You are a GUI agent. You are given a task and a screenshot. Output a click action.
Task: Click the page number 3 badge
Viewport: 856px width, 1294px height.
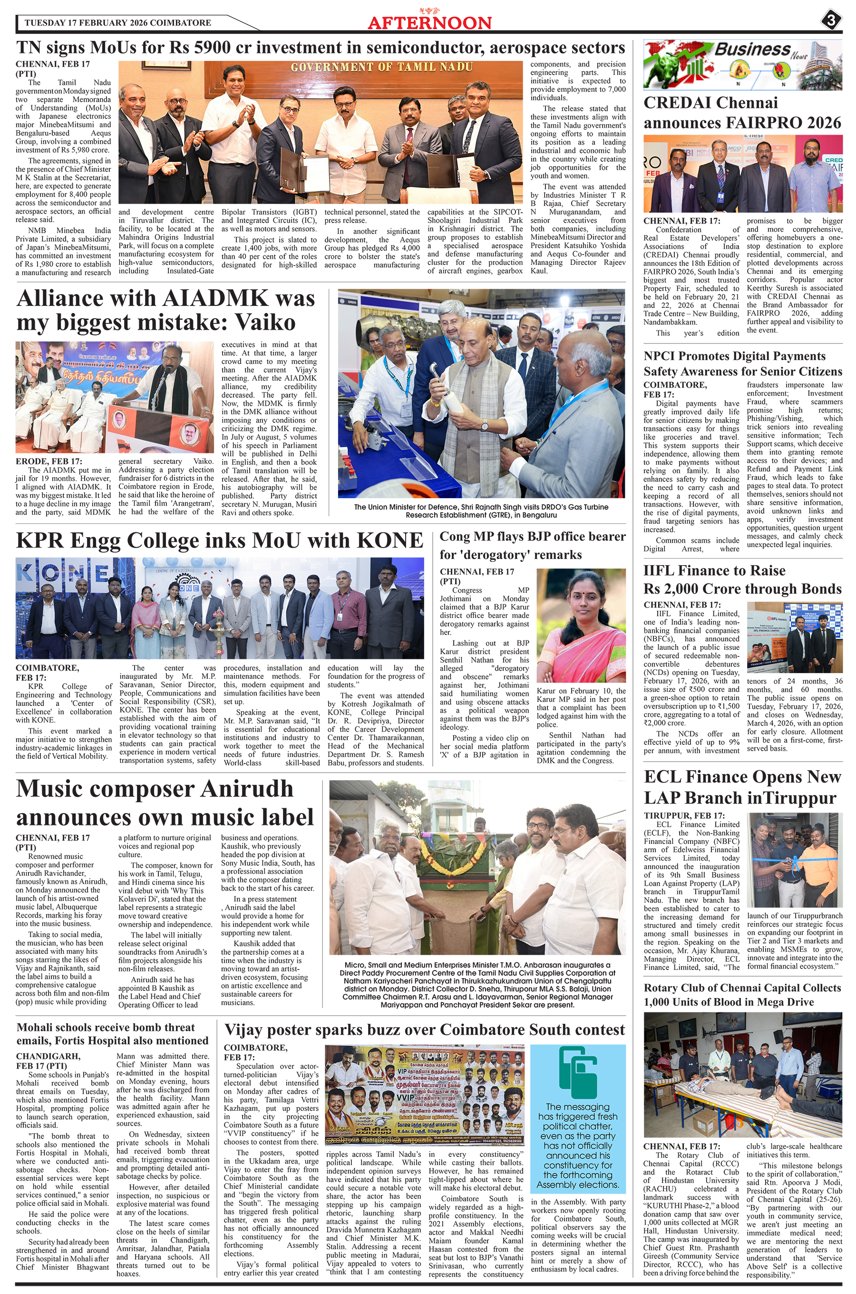coord(830,21)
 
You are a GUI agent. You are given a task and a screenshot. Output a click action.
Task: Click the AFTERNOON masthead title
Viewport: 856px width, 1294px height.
coord(429,22)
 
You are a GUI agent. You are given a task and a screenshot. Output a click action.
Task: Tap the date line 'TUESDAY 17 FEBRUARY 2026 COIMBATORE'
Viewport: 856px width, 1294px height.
coord(118,23)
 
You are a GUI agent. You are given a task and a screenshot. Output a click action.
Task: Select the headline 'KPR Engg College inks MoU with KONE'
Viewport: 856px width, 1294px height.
coord(219,540)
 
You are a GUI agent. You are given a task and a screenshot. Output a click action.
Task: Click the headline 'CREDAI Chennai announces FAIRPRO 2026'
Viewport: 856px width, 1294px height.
coord(742,112)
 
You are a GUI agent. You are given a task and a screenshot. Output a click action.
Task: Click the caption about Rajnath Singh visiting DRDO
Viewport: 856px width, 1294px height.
coord(481,510)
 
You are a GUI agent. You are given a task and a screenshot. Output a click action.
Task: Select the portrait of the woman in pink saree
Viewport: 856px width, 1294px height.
coord(581,625)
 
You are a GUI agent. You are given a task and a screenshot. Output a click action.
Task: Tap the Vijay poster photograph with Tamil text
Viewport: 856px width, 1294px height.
coord(424,1097)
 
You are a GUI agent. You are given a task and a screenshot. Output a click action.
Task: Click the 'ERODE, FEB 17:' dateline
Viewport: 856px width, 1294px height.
coord(49,461)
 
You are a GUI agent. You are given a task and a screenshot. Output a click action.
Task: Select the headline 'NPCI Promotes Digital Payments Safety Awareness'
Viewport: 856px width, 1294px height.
coord(742,363)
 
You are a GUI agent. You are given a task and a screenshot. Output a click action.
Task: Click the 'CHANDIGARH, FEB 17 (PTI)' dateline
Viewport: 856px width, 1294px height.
coord(49,1061)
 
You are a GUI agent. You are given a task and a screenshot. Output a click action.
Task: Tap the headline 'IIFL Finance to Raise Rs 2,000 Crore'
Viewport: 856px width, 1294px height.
coord(742,579)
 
